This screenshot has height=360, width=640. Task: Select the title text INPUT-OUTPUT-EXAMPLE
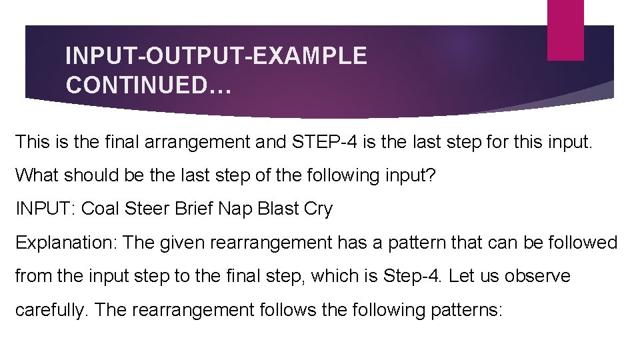216,56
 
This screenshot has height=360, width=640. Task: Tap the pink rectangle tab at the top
565,29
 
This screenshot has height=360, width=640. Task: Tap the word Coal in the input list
101,209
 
